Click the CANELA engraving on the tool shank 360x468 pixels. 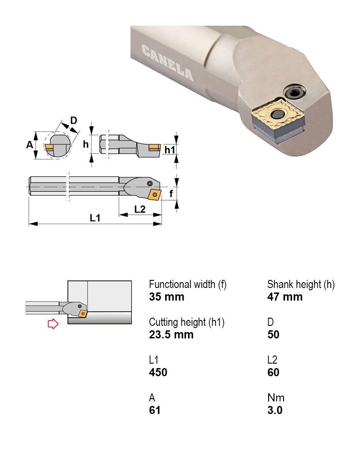(x=167, y=63)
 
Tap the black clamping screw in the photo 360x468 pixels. (x=295, y=94)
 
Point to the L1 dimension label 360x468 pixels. (x=94, y=218)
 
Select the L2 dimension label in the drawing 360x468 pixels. (x=140, y=209)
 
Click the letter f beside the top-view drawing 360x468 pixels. (x=171, y=194)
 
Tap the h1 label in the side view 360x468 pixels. (x=170, y=149)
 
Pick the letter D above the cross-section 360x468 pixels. (x=74, y=120)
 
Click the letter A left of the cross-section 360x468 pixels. (x=30, y=144)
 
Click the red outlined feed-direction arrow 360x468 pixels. (x=53, y=324)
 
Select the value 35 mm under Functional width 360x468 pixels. (x=166, y=297)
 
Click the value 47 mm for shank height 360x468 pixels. (x=285, y=297)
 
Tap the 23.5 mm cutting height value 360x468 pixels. (x=171, y=335)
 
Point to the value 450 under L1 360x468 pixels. (x=158, y=373)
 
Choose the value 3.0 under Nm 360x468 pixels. (x=275, y=410)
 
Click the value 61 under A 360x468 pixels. (x=155, y=410)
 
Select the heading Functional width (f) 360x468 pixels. (x=188, y=284)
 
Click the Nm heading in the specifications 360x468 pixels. (x=276, y=398)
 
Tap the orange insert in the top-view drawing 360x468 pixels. (x=155, y=194)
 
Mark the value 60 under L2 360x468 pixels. (x=273, y=373)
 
